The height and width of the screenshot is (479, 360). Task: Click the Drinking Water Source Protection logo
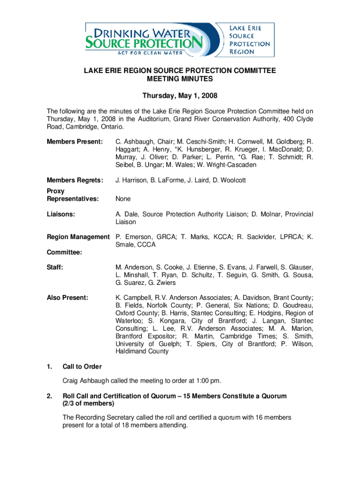coord(145,41)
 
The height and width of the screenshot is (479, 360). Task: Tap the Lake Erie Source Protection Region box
coord(249,40)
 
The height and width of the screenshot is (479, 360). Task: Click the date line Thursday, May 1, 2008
coord(180,96)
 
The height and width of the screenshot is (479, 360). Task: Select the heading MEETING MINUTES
coord(180,80)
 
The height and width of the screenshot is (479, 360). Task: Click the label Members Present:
coord(75,141)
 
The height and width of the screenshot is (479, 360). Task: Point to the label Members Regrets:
coord(75,180)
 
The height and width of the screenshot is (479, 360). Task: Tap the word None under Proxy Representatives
coord(123,199)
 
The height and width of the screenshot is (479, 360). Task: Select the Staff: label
coord(55,267)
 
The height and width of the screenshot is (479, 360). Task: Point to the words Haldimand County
coord(142,351)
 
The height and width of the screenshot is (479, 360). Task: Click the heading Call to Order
coord(82,366)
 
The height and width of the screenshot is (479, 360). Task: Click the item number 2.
coord(49,396)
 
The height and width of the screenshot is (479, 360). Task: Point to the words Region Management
coord(78,237)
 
